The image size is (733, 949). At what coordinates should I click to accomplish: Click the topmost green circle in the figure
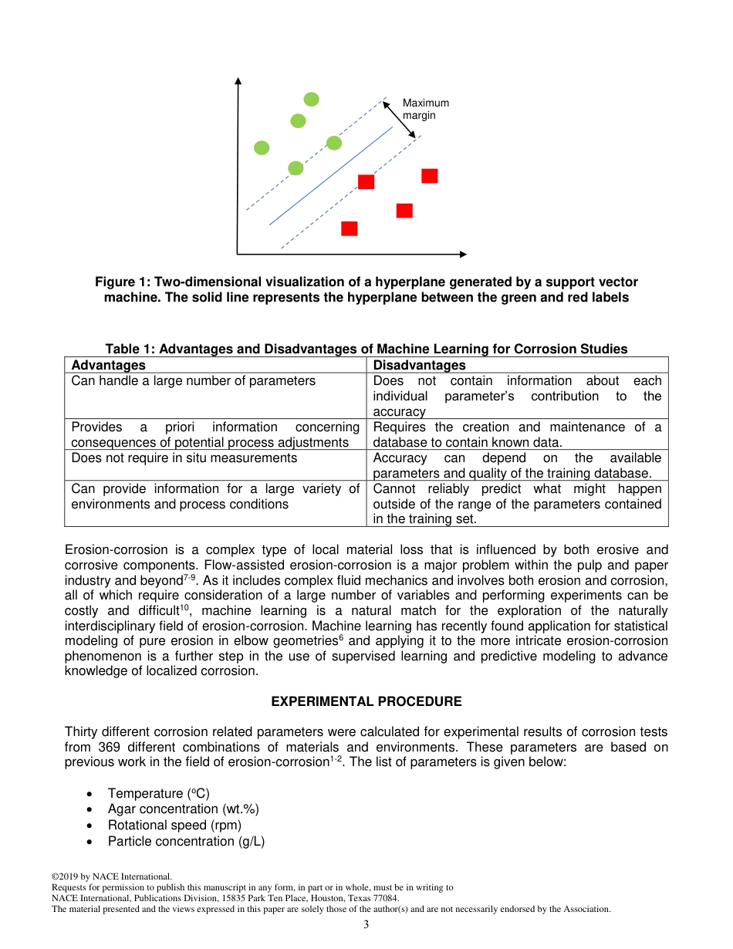[x=311, y=99]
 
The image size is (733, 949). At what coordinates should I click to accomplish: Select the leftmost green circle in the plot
[x=262, y=147]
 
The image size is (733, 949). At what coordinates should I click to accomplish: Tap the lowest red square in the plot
[x=350, y=228]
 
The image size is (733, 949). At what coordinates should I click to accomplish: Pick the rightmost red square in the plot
[x=430, y=176]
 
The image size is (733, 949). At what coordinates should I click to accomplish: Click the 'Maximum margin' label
[x=425, y=109]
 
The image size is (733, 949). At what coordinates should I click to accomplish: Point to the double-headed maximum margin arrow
[x=400, y=118]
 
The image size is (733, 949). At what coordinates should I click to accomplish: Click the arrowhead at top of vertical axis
[x=238, y=82]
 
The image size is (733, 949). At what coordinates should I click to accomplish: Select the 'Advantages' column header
[x=108, y=365]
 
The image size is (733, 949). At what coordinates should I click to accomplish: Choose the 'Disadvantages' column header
[x=419, y=365]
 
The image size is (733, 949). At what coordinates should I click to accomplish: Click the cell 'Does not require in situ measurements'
[x=184, y=458]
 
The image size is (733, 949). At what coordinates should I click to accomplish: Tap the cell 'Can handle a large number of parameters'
[x=193, y=380]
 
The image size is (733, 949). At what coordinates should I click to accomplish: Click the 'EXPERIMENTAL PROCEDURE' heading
[x=366, y=701]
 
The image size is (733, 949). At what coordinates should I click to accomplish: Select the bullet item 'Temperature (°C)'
[x=158, y=793]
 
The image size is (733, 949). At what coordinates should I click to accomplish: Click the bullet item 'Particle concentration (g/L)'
[x=186, y=841]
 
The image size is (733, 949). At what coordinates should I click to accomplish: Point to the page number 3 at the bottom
[x=366, y=924]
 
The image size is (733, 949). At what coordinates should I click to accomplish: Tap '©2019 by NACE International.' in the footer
[x=111, y=876]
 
